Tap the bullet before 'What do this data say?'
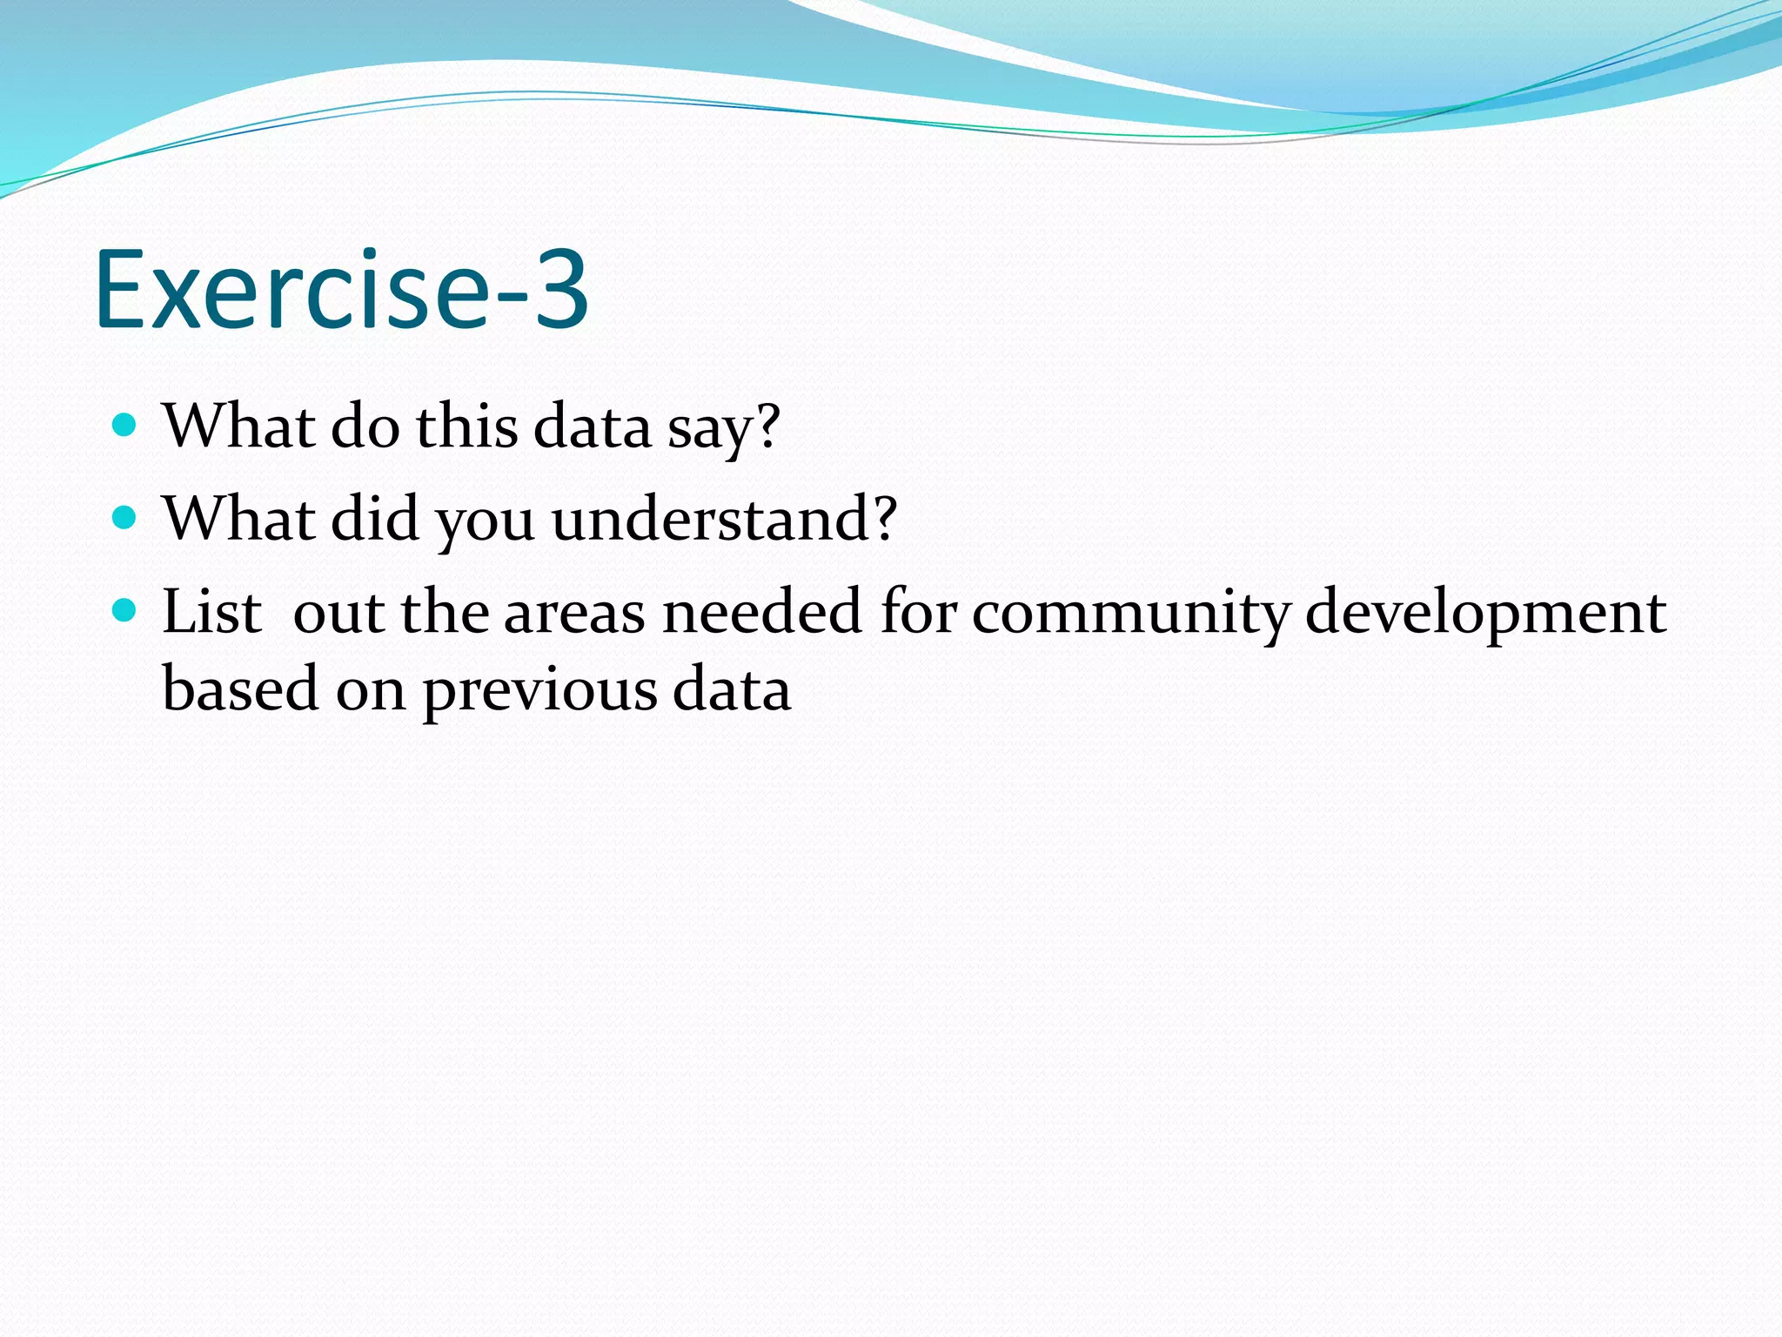click(125, 426)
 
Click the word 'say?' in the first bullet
click(723, 428)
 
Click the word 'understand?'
click(724, 520)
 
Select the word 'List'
click(211, 611)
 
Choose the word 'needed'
click(761, 611)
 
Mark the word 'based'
click(240, 689)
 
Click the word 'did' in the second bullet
click(375, 519)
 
